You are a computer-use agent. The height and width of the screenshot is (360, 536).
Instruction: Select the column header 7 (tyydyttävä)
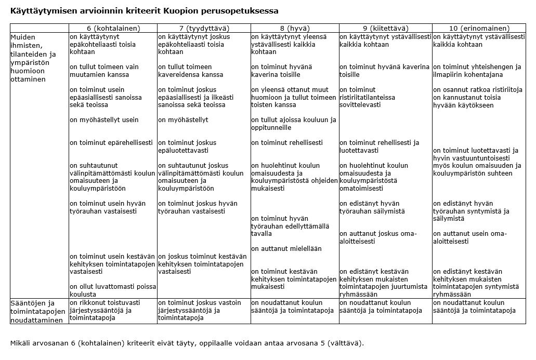click(x=203, y=28)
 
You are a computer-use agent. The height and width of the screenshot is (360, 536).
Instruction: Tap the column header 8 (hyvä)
click(x=294, y=28)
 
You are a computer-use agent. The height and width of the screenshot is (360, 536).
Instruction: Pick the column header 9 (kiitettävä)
click(x=385, y=28)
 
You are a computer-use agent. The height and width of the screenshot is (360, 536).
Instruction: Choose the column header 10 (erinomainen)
click(x=479, y=28)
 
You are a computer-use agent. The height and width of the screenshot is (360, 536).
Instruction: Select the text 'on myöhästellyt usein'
click(x=104, y=120)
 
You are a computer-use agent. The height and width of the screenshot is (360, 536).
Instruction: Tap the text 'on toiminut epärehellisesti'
click(x=111, y=142)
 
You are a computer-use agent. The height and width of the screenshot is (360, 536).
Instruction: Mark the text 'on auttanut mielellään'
click(x=286, y=248)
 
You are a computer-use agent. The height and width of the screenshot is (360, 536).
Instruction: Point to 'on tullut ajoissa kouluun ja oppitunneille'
click(x=293, y=124)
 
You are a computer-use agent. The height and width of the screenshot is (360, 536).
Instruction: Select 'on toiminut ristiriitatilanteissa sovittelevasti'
click(x=367, y=97)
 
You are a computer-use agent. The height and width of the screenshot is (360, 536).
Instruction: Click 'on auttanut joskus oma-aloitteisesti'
click(x=377, y=237)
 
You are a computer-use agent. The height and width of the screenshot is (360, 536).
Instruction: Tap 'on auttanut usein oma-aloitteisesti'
click(x=469, y=237)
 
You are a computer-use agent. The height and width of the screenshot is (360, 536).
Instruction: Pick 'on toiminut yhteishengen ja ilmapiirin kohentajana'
click(x=477, y=70)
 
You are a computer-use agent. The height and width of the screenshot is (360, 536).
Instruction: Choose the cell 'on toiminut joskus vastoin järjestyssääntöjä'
click(x=199, y=311)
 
